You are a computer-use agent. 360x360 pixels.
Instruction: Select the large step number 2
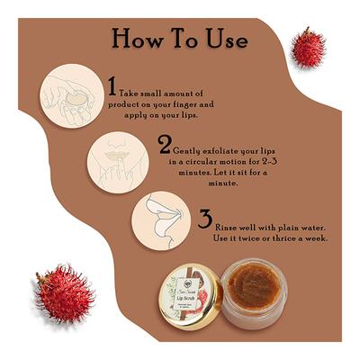pyautogui.click(x=165, y=144)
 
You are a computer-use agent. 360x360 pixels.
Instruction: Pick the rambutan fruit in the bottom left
pyautogui.click(x=64, y=293)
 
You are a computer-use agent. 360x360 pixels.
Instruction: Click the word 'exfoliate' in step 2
pyautogui.click(x=220, y=143)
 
